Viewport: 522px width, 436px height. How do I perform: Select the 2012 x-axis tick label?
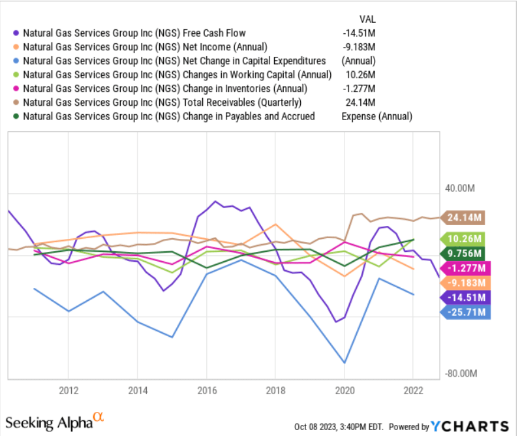pyautogui.click(x=69, y=390)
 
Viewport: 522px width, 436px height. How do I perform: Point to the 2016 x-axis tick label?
pyautogui.click(x=206, y=390)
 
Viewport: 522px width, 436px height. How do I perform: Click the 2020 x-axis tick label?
pyautogui.click(x=344, y=390)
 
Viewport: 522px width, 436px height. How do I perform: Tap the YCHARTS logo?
pyautogui.click(x=470, y=426)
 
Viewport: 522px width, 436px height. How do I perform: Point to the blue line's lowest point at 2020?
pyautogui.click(x=344, y=363)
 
